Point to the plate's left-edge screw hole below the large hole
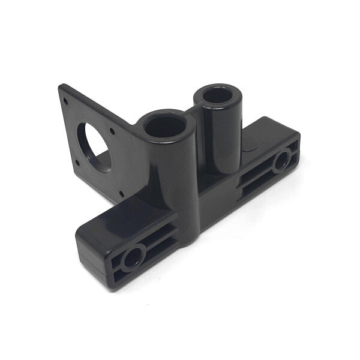click(x=79, y=162)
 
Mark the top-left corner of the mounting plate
click(x=59, y=86)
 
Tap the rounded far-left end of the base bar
click(x=81, y=246)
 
